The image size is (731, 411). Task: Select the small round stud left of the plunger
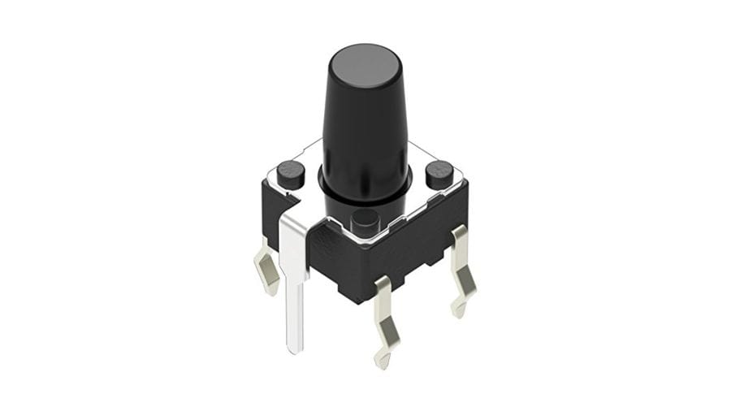point(290,172)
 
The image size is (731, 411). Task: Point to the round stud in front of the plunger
point(365,219)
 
